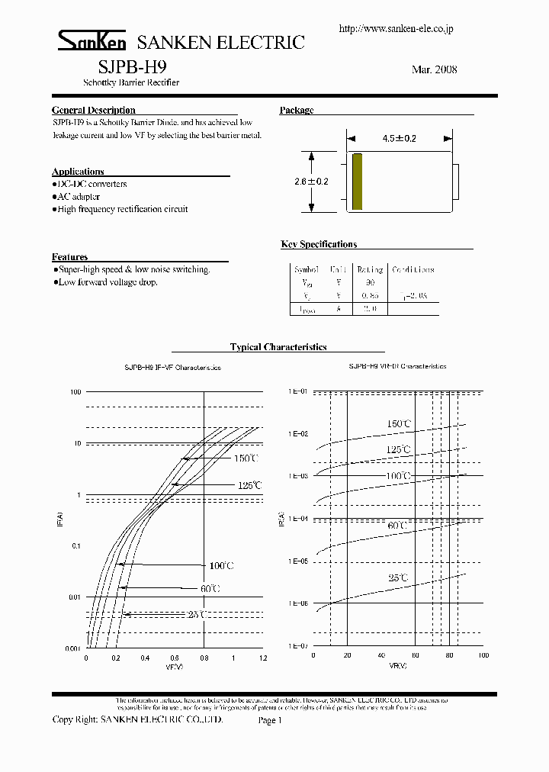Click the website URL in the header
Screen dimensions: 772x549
396,28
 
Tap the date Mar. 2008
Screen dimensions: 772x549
434,69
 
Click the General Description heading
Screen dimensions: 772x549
94,111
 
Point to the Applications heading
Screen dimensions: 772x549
78,172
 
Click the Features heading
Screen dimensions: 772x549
69,257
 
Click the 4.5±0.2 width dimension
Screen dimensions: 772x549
399,139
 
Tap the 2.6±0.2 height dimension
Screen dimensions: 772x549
310,182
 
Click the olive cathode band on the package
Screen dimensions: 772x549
357,182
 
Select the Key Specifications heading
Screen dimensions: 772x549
319,244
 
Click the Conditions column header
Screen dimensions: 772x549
413,270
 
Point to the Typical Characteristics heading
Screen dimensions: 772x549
278,347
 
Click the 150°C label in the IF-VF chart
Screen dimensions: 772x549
246,458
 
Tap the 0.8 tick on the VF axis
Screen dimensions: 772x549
204,658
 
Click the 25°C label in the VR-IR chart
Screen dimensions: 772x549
398,578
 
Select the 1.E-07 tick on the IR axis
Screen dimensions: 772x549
297,645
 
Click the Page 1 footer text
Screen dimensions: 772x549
270,720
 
